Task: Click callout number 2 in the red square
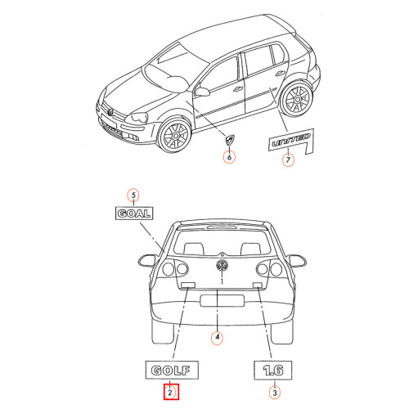tap(171, 392)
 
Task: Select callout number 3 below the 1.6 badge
tap(275, 393)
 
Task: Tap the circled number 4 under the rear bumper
tap(217, 337)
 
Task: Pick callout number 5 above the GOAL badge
tap(133, 196)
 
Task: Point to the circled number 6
tap(229, 157)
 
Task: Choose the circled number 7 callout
tap(288, 160)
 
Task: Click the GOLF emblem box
tap(172, 370)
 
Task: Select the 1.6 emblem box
tap(273, 371)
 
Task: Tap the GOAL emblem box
tap(134, 213)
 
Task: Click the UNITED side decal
tap(291, 142)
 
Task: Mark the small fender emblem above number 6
tap(230, 140)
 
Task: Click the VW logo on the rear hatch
tap(222, 265)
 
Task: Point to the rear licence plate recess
tap(222, 300)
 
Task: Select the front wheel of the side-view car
tap(176, 135)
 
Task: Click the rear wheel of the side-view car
tap(297, 99)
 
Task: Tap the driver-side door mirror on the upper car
tap(202, 92)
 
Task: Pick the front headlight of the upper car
tap(137, 118)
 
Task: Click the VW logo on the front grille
tap(110, 112)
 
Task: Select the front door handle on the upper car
tap(238, 89)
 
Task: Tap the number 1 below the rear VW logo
tap(222, 281)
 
